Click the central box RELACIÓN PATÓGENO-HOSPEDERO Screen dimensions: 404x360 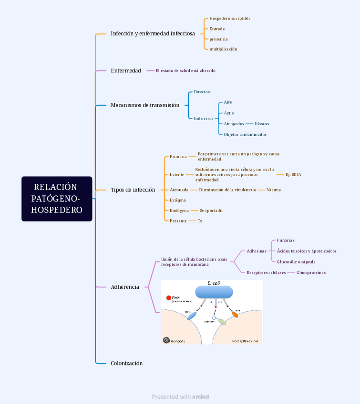coord(57,199)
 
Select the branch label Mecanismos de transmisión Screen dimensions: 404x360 coord(145,105)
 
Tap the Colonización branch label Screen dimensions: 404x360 coord(126,363)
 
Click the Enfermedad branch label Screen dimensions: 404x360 coord(126,71)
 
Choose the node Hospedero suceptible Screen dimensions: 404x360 coord(230,19)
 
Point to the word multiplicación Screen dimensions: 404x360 coord(223,49)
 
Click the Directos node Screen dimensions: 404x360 coord(202,92)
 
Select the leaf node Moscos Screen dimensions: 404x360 coord(262,124)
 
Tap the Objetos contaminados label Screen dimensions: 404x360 coord(245,134)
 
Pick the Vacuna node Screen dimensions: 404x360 coord(273,190)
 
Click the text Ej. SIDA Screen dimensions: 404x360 coord(293,174)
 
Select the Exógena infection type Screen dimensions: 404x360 coord(178,200)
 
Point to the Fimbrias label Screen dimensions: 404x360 coord(286,241)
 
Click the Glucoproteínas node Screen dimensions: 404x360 coord(311,273)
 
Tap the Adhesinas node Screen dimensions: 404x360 coord(257,251)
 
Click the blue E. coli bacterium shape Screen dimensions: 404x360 coord(214,292)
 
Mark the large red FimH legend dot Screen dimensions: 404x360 coord(169,298)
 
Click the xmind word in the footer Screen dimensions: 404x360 coord(200,397)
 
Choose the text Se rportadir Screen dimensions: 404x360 coord(211,211)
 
